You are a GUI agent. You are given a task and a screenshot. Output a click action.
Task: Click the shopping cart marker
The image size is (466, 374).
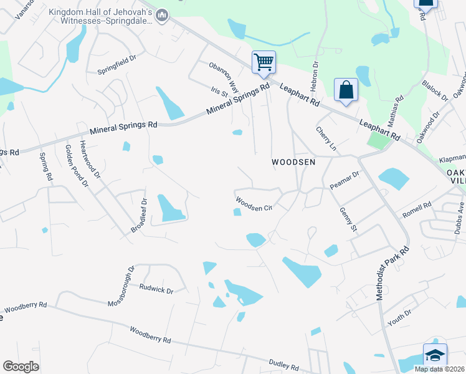(264, 62)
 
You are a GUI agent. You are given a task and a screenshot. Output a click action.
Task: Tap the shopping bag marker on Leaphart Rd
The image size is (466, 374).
(346, 90)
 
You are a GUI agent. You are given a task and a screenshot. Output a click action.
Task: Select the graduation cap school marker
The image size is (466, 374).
(435, 355)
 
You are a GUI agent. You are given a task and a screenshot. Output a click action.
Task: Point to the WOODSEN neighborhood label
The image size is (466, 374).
(293, 162)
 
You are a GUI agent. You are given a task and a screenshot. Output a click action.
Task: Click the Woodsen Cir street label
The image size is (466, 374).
(254, 204)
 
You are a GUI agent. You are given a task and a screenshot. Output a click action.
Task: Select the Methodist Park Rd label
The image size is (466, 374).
(392, 273)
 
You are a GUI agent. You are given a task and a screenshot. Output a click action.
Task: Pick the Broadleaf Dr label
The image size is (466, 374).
(138, 216)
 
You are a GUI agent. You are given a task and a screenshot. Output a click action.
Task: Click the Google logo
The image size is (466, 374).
(21, 366)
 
